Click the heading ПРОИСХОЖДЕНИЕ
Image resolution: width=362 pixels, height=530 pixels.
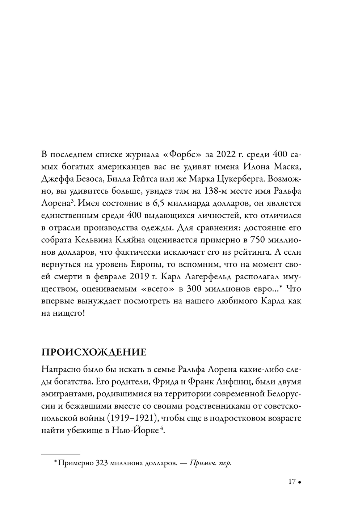coord(94,352)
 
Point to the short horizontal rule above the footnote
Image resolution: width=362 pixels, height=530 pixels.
coord(60,453)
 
